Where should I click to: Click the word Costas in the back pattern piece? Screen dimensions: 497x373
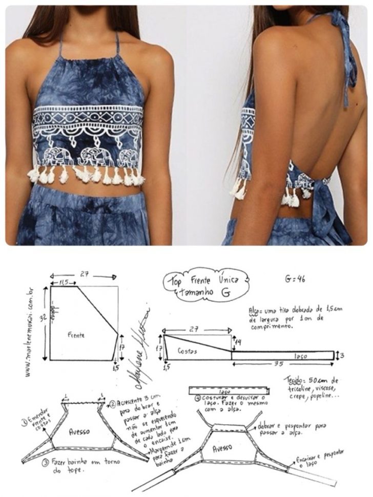point(188,352)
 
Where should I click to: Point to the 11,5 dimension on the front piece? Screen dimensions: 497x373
point(64,283)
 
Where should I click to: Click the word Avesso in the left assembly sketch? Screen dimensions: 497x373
point(79,431)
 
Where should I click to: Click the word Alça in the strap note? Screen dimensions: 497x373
point(255,310)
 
